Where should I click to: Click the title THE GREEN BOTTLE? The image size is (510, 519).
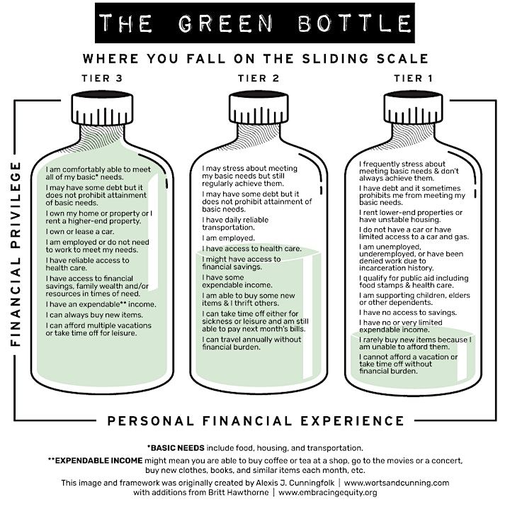[x=254, y=23]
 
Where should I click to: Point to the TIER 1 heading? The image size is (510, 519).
[x=407, y=77]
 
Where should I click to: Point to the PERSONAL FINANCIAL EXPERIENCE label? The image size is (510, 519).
[x=255, y=420]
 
